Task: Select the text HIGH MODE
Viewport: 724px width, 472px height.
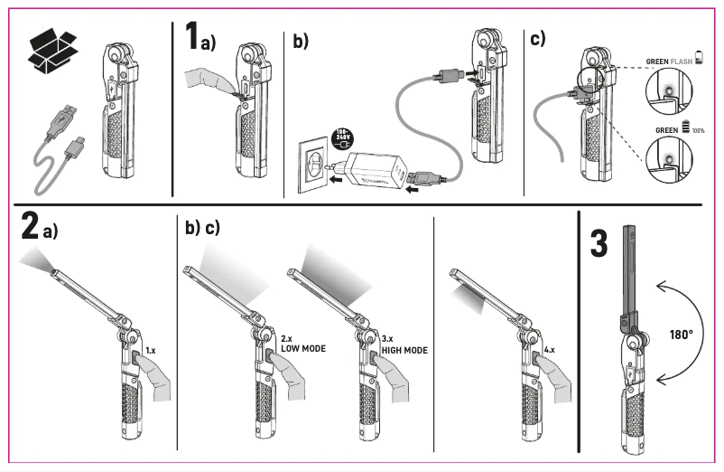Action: point(403,350)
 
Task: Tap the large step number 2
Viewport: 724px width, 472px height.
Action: point(29,226)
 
